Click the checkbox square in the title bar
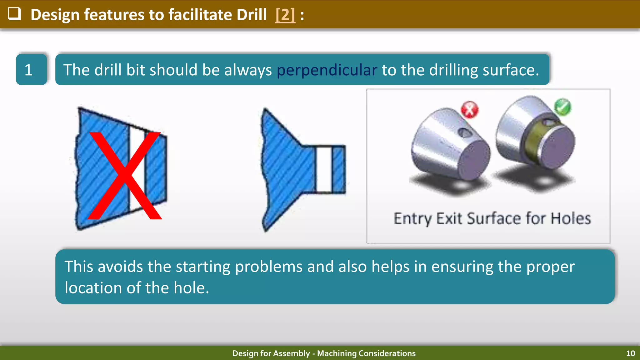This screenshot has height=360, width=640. coord(14,14)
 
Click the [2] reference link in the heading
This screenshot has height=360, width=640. coord(285,15)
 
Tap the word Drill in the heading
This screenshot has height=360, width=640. coord(251,15)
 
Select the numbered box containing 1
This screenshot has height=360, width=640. coord(31,69)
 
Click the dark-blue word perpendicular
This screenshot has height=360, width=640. coord(327,70)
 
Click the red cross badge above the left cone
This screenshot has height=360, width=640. coord(469,110)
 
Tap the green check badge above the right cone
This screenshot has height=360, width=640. coord(562,107)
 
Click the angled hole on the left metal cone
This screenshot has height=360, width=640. coord(465,133)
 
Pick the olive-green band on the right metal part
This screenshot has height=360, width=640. coord(531,142)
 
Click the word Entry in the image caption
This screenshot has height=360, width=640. coord(413,218)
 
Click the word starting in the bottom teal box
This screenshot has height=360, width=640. coord(203,267)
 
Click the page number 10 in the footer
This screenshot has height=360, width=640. coord(630,353)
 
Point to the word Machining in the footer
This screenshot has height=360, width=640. coord(337,353)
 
